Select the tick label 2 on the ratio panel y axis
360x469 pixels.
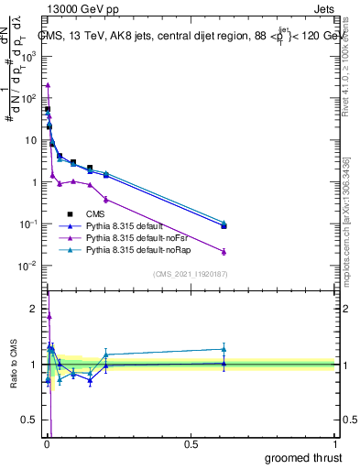(35, 309)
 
